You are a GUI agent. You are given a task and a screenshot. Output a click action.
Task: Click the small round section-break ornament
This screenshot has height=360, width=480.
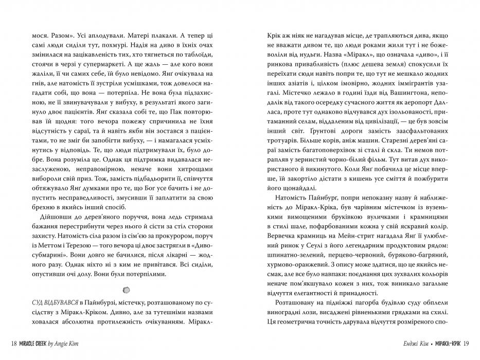[128, 289]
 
